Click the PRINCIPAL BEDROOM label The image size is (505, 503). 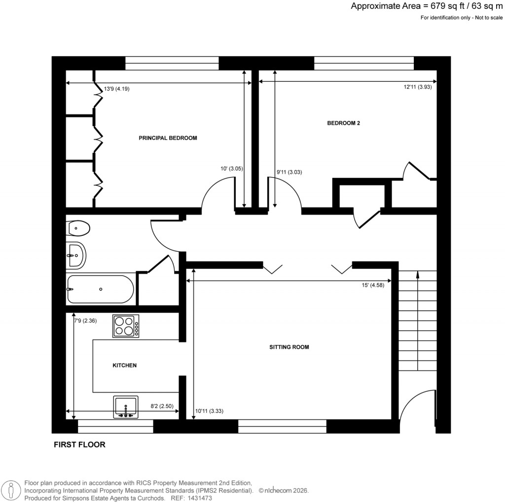(x=168, y=138)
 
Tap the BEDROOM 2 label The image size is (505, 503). (x=344, y=123)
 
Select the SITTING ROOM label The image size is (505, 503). (x=289, y=347)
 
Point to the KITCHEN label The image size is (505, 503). (x=125, y=365)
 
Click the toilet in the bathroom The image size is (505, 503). (x=79, y=228)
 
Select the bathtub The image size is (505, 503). (x=100, y=289)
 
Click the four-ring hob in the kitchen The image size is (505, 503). (x=126, y=326)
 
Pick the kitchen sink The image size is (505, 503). (x=126, y=407)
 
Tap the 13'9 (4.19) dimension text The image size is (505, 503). (x=116, y=89)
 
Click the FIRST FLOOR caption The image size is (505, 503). (x=79, y=445)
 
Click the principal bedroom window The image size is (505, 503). (x=172, y=63)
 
